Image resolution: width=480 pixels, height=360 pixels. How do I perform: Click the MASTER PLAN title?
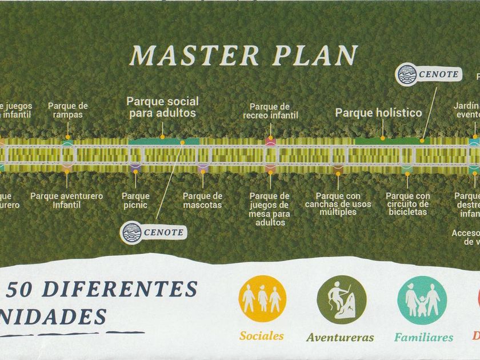pyautogui.click(x=243, y=55)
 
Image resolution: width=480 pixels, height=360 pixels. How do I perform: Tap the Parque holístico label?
pyautogui.click(x=378, y=113)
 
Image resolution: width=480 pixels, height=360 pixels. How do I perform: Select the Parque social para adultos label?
pyautogui.click(x=162, y=107)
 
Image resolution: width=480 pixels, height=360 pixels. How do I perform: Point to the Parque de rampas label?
pyautogui.click(x=68, y=110)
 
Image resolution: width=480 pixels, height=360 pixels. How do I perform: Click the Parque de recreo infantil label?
pyautogui.click(x=270, y=110)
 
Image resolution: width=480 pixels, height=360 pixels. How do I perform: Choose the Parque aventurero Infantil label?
pyautogui.click(x=67, y=200)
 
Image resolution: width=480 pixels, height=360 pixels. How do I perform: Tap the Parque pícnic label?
pyautogui.click(x=135, y=200)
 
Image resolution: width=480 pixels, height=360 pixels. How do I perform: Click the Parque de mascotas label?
pyautogui.click(x=202, y=200)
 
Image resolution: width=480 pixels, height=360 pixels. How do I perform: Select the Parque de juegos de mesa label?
pyautogui.click(x=270, y=209)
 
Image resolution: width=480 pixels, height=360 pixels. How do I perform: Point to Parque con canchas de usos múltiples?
pyautogui.click(x=338, y=204)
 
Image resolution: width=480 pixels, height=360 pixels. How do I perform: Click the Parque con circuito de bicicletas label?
pyautogui.click(x=407, y=204)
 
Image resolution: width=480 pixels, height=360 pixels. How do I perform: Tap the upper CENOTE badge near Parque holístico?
pyautogui.click(x=429, y=74)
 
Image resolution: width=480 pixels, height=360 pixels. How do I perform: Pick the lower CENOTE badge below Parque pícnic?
pyautogui.click(x=154, y=233)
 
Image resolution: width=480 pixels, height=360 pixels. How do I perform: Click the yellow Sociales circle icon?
pyautogui.click(x=262, y=299)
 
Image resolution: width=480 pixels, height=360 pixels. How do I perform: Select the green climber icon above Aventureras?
pyautogui.click(x=341, y=299)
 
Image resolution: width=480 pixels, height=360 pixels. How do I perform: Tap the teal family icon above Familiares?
pyautogui.click(x=422, y=299)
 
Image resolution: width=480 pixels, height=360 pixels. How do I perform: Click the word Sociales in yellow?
pyautogui.click(x=262, y=336)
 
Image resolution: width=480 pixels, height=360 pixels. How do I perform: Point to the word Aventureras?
pyautogui.click(x=340, y=337)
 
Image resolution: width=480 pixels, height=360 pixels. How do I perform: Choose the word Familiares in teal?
pyautogui.click(x=423, y=337)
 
